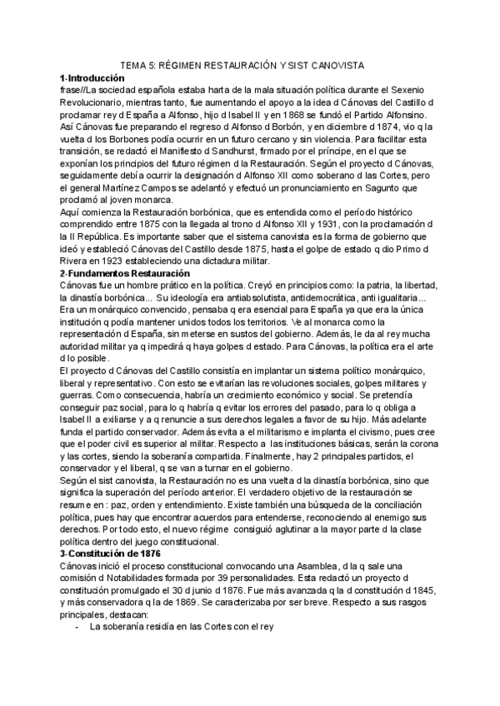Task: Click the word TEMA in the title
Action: (134, 62)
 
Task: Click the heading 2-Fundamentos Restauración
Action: (125, 274)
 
